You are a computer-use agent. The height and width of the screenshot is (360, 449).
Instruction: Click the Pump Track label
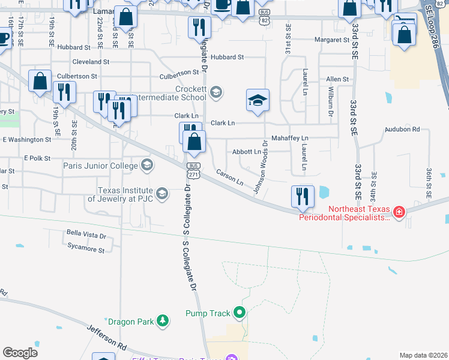coord(208,313)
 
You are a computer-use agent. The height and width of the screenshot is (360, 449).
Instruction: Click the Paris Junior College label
coord(101,165)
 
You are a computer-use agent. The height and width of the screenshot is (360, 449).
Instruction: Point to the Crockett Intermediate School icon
coord(216,92)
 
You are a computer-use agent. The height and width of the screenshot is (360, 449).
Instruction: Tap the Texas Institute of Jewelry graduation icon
coord(161,193)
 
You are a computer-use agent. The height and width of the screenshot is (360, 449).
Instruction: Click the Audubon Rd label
coord(402,129)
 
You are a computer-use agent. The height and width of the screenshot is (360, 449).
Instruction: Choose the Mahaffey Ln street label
coord(290,138)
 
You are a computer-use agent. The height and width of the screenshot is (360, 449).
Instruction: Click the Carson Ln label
coord(230,178)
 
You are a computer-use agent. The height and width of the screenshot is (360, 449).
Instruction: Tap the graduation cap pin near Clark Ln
coord(258,100)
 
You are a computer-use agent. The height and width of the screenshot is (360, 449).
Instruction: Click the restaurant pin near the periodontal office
coord(303,196)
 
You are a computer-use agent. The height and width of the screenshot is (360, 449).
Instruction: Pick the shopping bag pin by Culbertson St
coord(40,82)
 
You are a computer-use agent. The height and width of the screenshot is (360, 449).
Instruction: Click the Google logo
coord(20,352)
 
